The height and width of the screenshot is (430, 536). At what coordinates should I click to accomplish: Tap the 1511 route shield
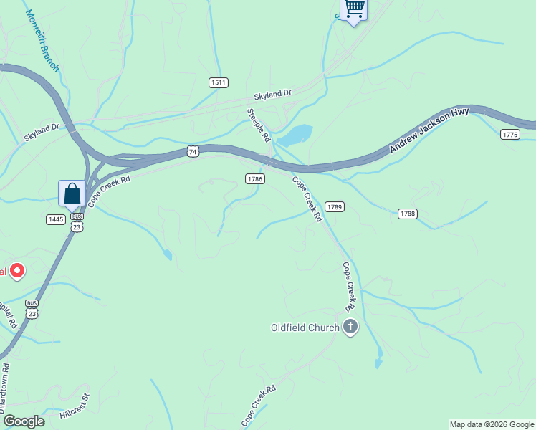(219, 83)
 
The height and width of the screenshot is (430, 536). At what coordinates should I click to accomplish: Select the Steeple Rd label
(259, 125)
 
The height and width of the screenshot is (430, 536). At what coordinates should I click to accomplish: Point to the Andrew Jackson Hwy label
(429, 130)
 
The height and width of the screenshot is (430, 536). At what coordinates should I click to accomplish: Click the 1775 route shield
(510, 135)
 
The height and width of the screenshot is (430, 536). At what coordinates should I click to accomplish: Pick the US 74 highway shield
(192, 151)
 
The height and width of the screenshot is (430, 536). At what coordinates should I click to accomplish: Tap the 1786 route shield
(255, 178)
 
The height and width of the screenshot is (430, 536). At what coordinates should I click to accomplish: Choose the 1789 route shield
(335, 207)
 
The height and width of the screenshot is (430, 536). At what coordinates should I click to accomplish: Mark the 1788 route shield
(407, 214)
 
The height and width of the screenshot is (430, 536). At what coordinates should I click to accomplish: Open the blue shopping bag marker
(72, 193)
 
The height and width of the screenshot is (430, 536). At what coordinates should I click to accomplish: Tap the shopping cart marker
(353, 9)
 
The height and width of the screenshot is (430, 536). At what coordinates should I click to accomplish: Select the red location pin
(16, 271)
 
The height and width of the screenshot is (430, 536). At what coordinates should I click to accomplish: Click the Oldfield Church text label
(305, 328)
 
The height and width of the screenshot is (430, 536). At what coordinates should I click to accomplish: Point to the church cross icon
(350, 328)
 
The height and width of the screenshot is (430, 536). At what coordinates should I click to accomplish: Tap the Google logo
(23, 421)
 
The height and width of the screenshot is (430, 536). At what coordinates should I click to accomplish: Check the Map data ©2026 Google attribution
(492, 424)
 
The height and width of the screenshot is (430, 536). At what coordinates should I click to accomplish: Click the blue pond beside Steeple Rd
(295, 135)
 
